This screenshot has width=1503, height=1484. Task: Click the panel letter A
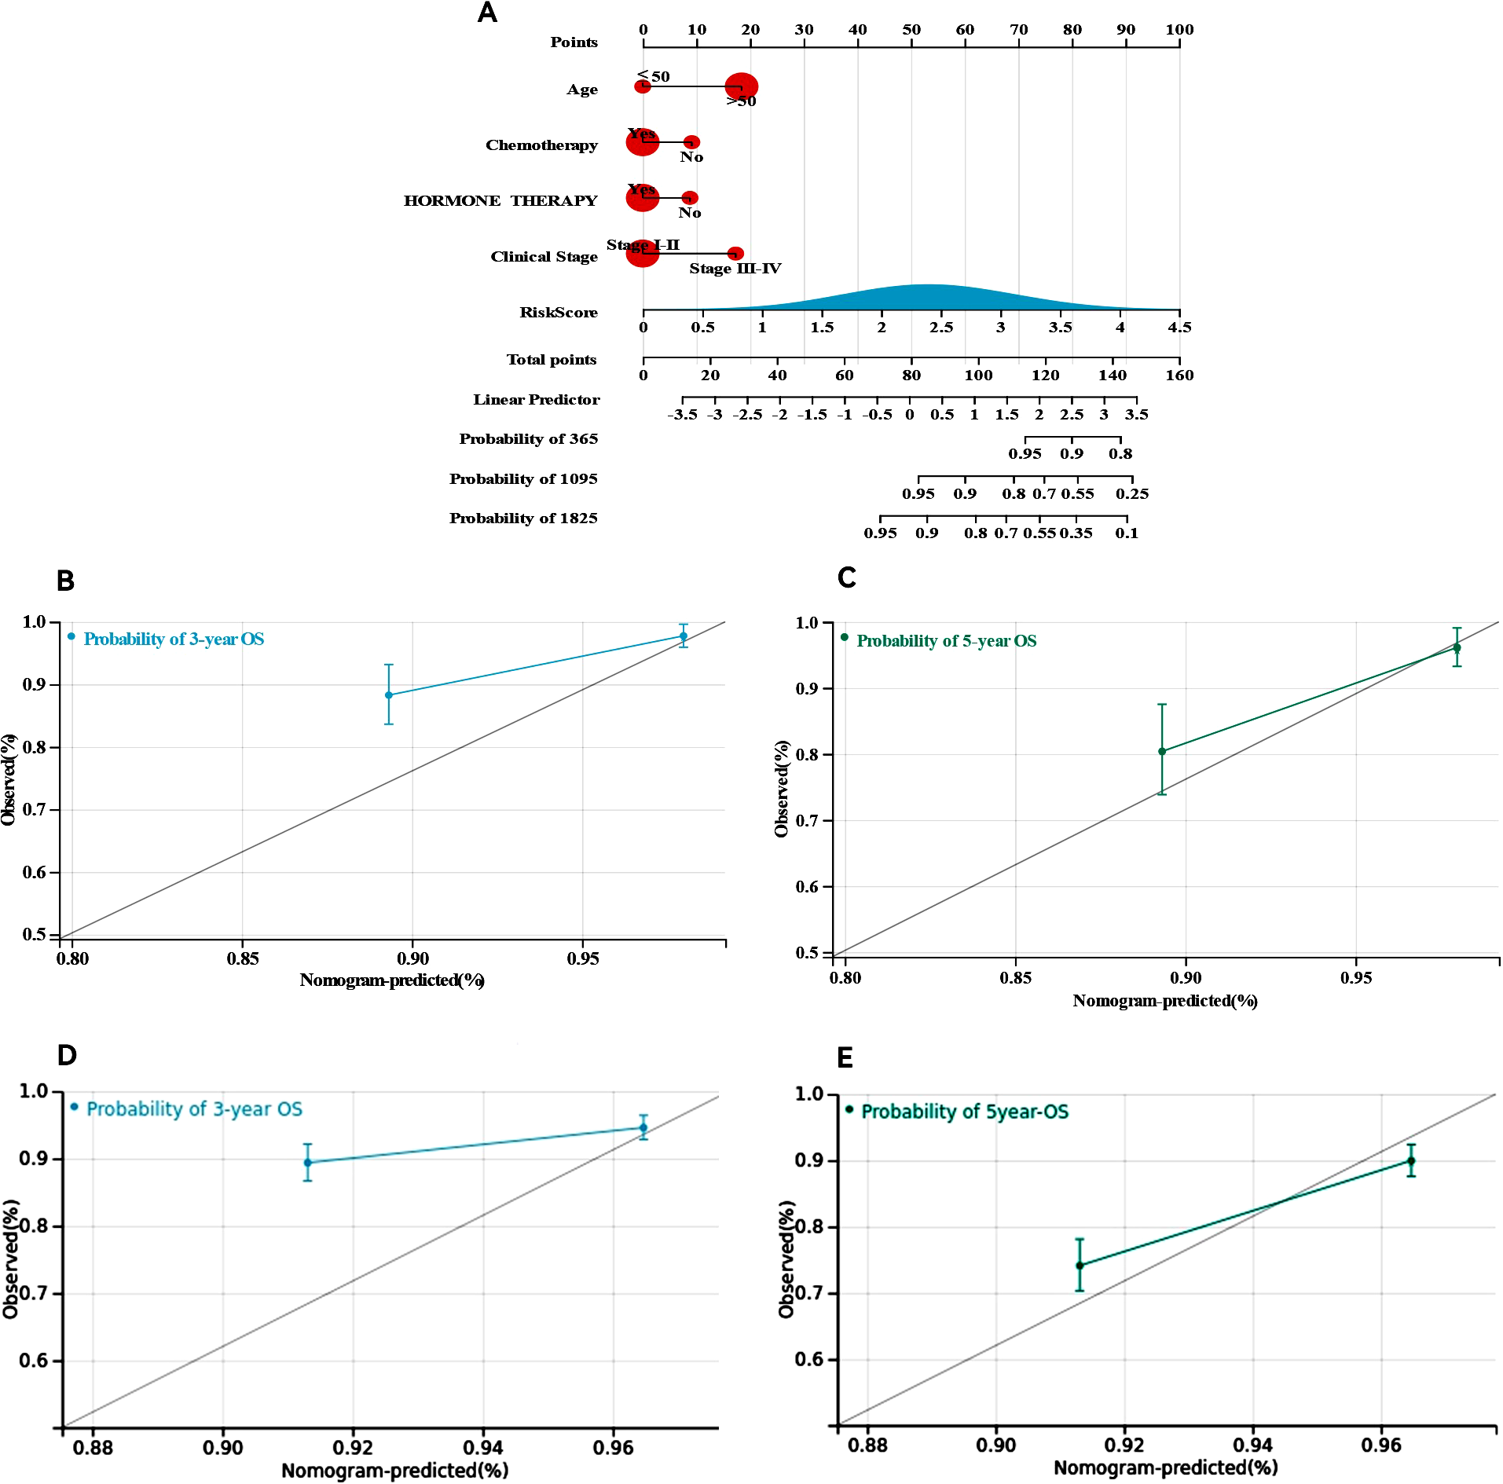[x=487, y=13]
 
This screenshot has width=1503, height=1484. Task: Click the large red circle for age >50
[x=741, y=86]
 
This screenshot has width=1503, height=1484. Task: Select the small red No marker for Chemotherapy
[x=691, y=142]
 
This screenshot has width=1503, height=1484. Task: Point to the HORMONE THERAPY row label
[x=500, y=201]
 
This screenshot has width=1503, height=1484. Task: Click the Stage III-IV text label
[x=735, y=269]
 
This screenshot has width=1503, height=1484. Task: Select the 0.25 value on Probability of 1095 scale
[x=1132, y=493]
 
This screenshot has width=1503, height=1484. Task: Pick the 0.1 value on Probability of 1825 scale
[x=1127, y=533]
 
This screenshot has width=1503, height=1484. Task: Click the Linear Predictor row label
[x=536, y=400]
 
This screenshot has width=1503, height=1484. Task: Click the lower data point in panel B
[x=388, y=695]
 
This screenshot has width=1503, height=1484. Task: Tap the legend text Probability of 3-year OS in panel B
[x=174, y=639]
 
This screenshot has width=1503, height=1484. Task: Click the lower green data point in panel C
[x=1162, y=751]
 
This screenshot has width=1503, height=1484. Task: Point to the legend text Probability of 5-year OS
[x=946, y=641]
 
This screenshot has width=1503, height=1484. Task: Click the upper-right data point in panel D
[x=643, y=1127]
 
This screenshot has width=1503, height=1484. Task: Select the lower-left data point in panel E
[x=1080, y=1265]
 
